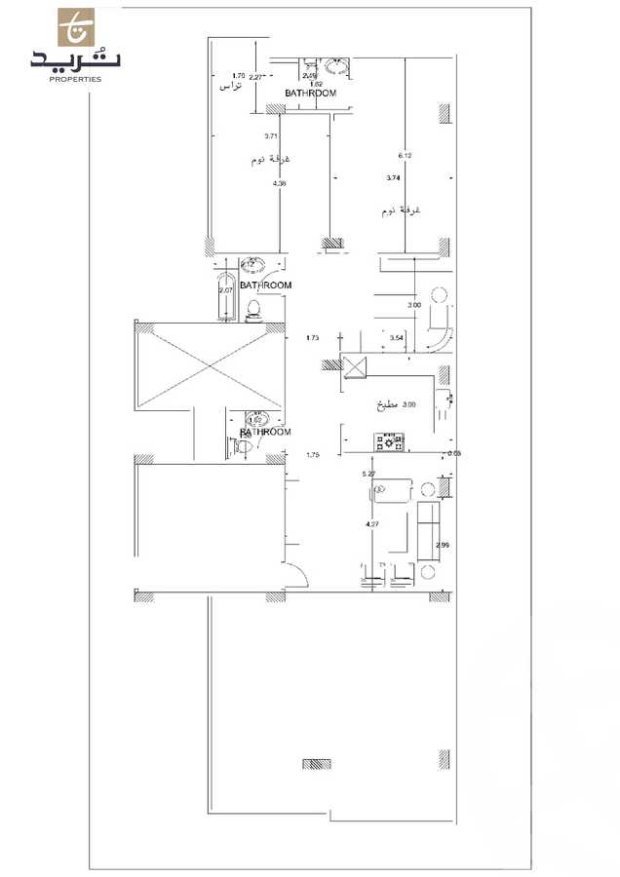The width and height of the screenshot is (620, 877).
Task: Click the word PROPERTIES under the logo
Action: point(75,80)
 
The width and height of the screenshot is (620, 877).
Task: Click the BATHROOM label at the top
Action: point(310,94)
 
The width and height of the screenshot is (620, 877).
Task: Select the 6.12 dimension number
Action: point(406,155)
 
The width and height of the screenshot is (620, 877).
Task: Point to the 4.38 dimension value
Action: point(280,183)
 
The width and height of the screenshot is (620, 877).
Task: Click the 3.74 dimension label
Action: point(393,178)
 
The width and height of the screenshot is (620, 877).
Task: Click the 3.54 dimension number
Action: point(396,337)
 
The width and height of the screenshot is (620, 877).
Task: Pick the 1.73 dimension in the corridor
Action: point(312,338)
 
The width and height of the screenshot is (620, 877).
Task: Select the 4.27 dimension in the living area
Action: point(371,525)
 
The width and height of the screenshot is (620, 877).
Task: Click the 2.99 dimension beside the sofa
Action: point(443,544)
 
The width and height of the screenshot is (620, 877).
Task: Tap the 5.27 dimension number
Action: point(368,474)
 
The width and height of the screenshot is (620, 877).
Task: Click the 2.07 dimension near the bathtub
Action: point(225,290)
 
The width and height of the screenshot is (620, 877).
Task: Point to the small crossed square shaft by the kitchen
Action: point(355,366)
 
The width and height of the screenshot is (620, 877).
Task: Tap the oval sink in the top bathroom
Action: point(338,68)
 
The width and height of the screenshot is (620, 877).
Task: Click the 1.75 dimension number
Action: point(313,454)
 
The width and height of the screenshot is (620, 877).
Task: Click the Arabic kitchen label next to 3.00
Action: point(382,404)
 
